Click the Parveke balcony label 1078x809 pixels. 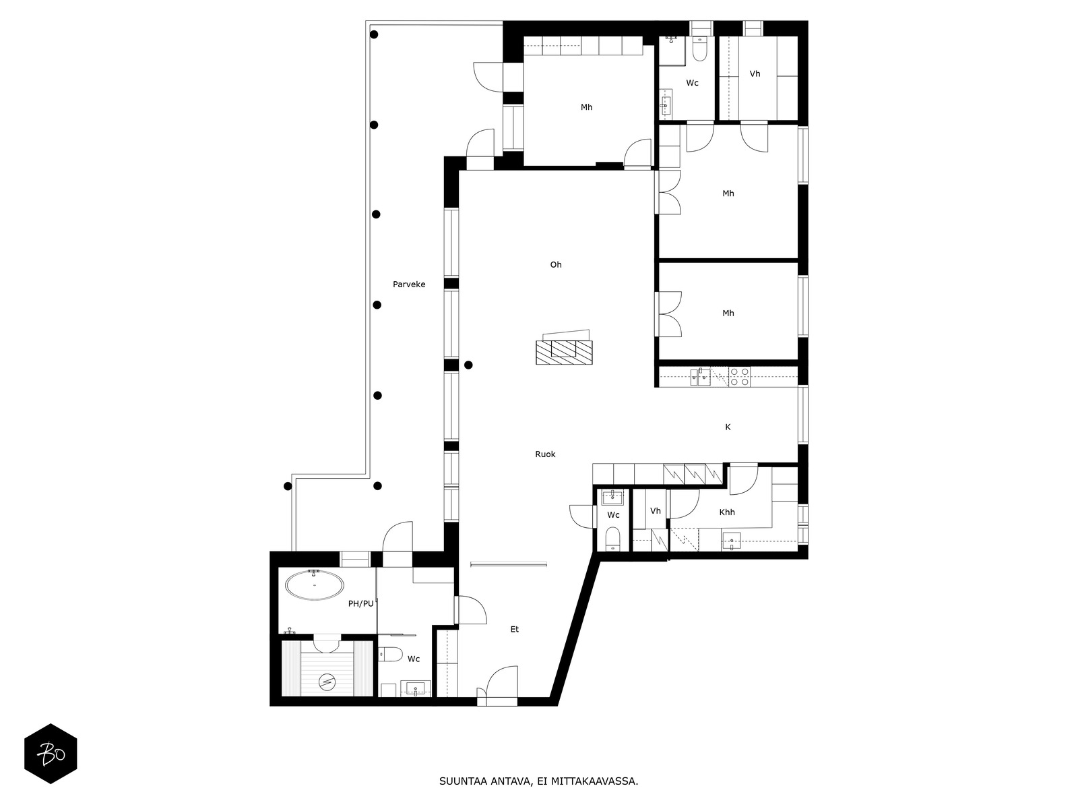pyautogui.click(x=408, y=284)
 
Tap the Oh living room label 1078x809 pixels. pyautogui.click(x=555, y=265)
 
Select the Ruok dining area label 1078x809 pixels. pyautogui.click(x=545, y=454)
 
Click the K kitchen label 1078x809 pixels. pyautogui.click(x=728, y=427)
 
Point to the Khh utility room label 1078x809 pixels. pyautogui.click(x=727, y=512)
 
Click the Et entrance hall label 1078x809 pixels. pyautogui.click(x=515, y=629)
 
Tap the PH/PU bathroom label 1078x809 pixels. pyautogui.click(x=360, y=603)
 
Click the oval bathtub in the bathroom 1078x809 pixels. pyautogui.click(x=315, y=585)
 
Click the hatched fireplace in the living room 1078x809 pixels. pyautogui.click(x=564, y=352)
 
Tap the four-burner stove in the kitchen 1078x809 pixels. pyautogui.click(x=739, y=377)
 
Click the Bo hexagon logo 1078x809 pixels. pyautogui.click(x=51, y=754)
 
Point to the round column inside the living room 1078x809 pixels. pyautogui.click(x=468, y=365)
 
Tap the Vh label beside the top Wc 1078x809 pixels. pyautogui.click(x=755, y=74)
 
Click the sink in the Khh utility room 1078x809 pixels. pyautogui.click(x=731, y=541)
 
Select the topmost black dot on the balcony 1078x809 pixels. pyautogui.click(x=374, y=34)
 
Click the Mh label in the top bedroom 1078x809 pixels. pyautogui.click(x=586, y=107)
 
